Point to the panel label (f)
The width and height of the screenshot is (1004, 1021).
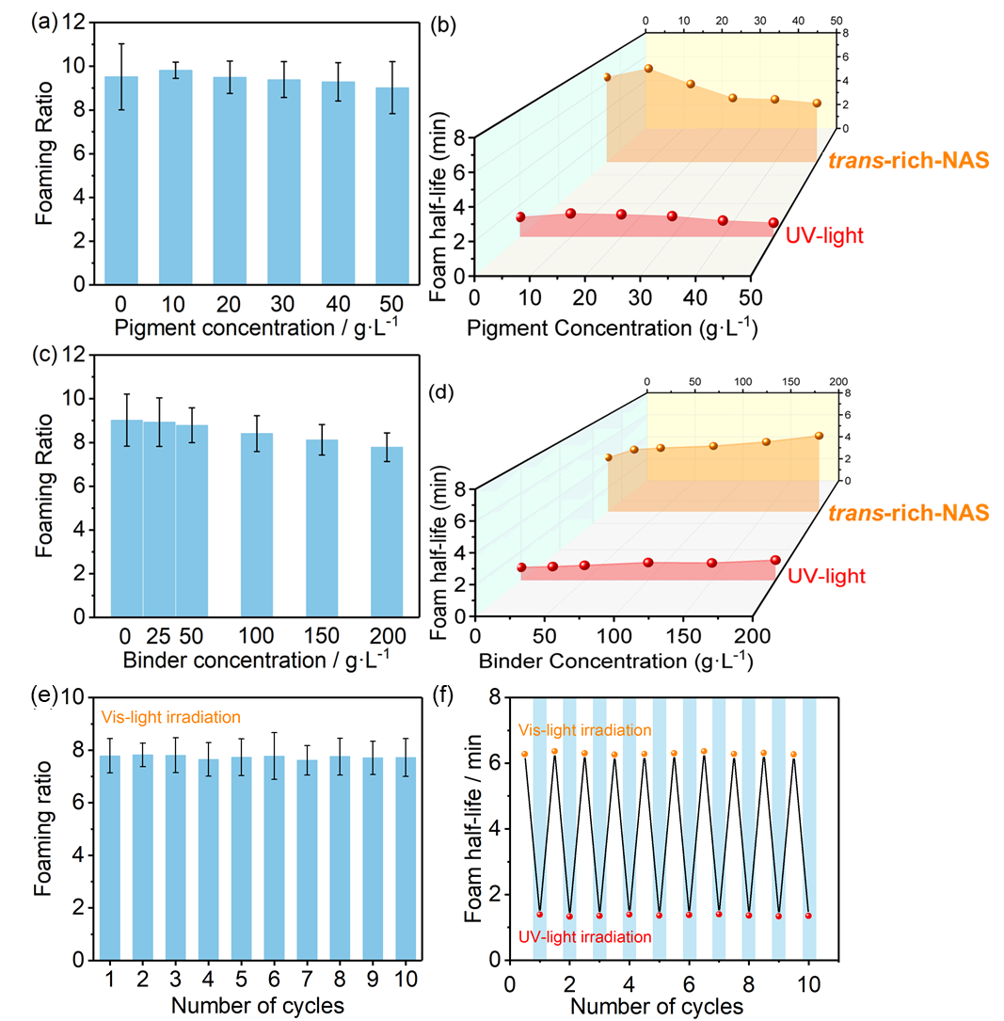[446, 698]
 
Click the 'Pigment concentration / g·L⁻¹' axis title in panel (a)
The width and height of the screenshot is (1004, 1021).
[250, 328]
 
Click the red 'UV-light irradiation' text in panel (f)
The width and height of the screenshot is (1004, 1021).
[584, 936]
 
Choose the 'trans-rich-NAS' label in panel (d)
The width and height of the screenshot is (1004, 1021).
[909, 512]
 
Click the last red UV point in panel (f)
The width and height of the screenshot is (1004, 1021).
[808, 916]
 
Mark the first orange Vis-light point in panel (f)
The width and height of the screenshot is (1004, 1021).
[524, 754]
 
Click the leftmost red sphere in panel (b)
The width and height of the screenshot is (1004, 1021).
[520, 217]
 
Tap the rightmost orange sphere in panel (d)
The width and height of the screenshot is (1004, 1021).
[819, 436]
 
